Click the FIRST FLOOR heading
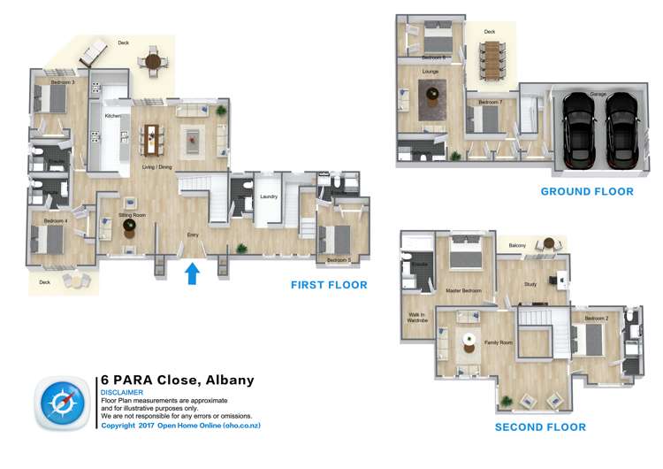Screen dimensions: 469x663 pos(329,285)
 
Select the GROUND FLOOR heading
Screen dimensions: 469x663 pos(587,191)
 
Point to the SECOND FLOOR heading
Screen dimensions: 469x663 pos(539,427)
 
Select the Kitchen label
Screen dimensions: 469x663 pos(112,116)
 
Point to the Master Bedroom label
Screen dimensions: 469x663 pos(462,290)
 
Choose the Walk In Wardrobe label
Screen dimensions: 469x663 pos(417,319)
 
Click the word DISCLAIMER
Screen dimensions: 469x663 pos(120,392)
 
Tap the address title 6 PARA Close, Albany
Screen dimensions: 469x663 pos(177,381)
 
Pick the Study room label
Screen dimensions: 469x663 pos(530,284)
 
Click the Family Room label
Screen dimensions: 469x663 pos(499,342)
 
